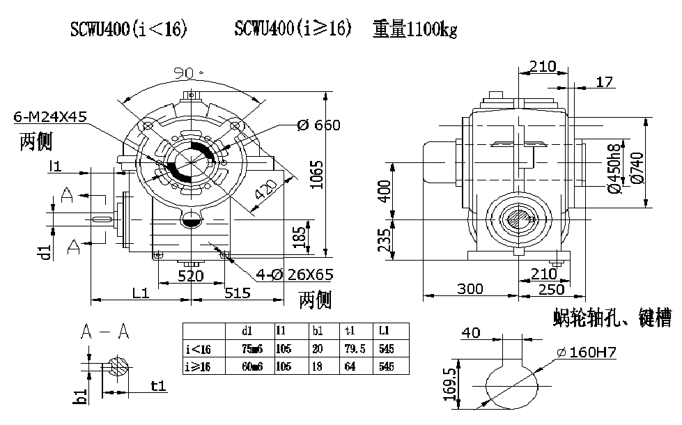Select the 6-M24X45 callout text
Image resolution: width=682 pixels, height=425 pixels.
[x=50, y=117]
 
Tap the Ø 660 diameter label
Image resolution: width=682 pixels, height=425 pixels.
[x=318, y=125]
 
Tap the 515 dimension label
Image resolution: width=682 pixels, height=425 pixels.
[x=238, y=293]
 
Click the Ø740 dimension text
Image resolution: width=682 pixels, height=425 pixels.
[x=635, y=167]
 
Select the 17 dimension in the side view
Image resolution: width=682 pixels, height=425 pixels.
[x=605, y=83]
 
